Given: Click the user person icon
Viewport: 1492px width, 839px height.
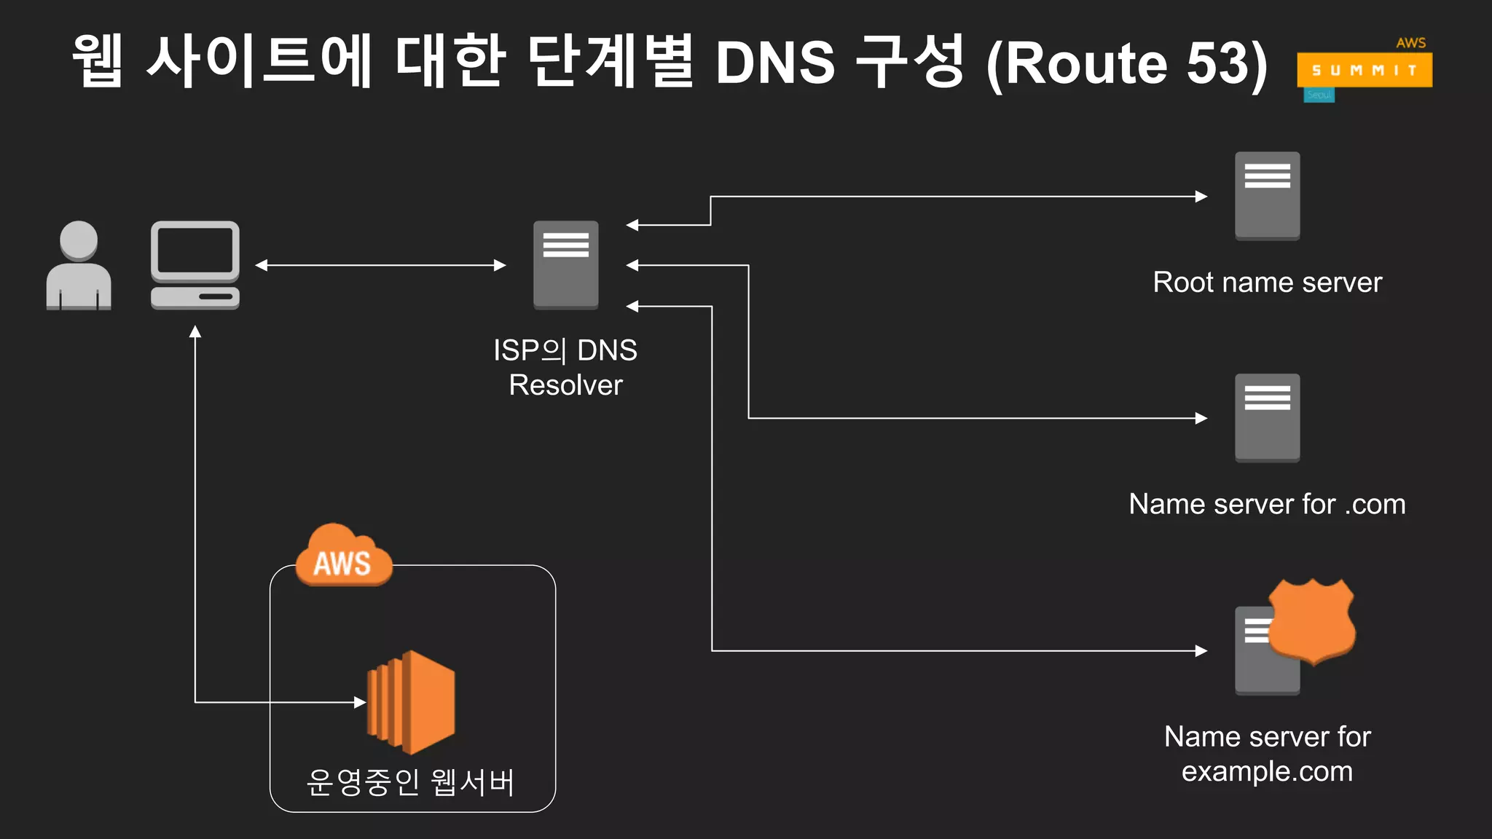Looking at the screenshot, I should (x=79, y=266).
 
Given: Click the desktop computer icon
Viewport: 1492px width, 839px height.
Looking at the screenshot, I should (x=195, y=266).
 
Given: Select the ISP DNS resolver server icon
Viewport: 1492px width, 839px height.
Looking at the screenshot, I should (x=565, y=265).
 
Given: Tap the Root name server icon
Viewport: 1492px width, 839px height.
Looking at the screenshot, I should (x=1267, y=195).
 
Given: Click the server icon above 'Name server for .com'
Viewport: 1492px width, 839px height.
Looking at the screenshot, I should (x=1267, y=417).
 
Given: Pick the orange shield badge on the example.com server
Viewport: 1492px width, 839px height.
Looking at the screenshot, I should (x=1311, y=621).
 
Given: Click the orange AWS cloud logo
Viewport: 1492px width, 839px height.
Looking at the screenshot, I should (x=343, y=556).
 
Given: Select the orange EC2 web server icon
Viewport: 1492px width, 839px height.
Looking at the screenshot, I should (x=412, y=702).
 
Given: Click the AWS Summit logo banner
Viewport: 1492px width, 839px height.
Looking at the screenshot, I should (x=1364, y=70).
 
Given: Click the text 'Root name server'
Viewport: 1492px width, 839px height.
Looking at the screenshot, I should (x=1267, y=283).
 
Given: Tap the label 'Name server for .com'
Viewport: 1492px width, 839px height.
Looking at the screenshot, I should (x=1267, y=504).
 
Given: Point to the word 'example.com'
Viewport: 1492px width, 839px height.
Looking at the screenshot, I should (x=1267, y=771).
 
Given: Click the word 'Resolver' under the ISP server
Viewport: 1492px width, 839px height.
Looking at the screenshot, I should (x=565, y=385).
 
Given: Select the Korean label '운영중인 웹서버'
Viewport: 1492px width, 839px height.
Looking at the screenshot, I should (x=411, y=782).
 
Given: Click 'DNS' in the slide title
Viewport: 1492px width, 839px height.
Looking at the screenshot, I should (x=774, y=63).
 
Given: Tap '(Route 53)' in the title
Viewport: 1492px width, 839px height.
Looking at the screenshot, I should (x=1126, y=64).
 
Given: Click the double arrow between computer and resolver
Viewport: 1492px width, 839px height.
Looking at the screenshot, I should (x=380, y=265).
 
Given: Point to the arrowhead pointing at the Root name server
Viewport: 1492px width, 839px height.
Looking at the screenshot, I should (x=1201, y=196).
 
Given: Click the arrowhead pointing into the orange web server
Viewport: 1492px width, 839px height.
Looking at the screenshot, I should (x=360, y=702).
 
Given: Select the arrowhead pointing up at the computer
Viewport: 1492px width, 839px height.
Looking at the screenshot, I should (x=195, y=332).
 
